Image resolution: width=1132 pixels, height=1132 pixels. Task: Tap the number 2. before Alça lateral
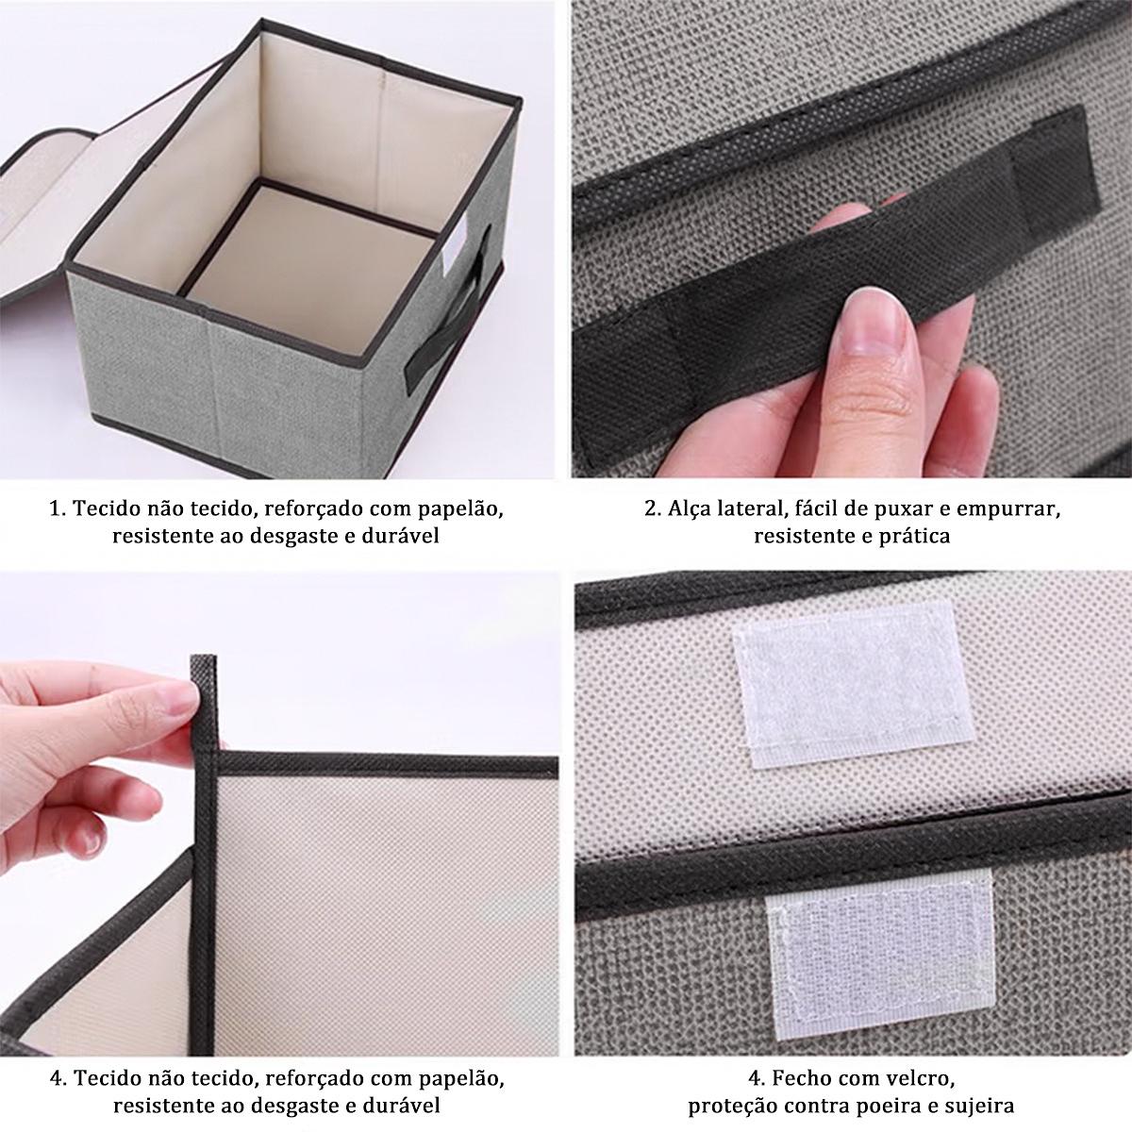653,508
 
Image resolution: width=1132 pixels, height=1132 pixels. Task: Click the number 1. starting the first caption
58,508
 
